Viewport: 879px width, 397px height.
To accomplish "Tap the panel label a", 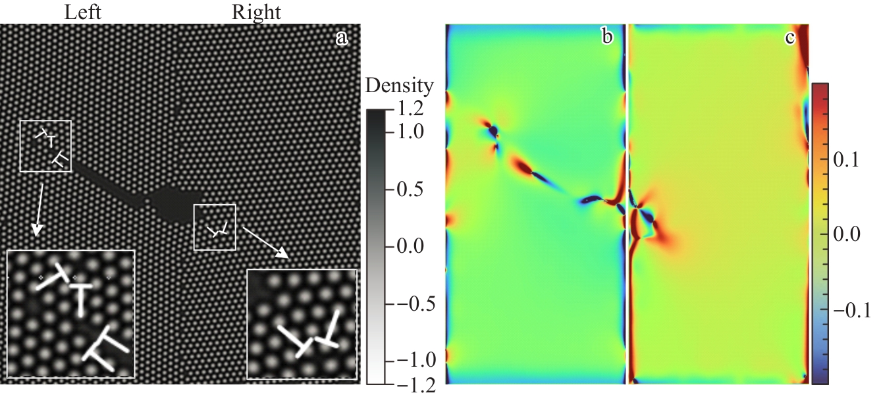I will [342, 38].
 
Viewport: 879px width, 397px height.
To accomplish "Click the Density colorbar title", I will [399, 85].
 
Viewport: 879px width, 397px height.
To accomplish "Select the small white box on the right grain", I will [215, 227].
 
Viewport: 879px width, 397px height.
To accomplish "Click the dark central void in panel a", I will [173, 201].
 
